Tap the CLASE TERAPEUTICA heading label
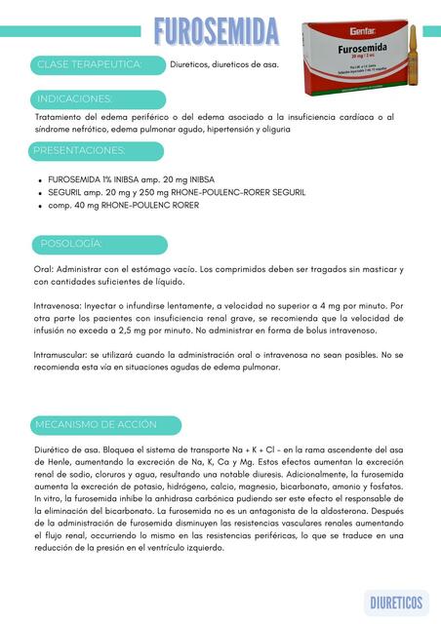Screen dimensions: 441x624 88,64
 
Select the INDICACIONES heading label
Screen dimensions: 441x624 74,99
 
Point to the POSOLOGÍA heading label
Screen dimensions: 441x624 71,243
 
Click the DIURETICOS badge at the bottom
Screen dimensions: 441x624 396,603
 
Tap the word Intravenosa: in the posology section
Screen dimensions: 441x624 60,306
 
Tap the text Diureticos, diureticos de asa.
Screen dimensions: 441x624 224,65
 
